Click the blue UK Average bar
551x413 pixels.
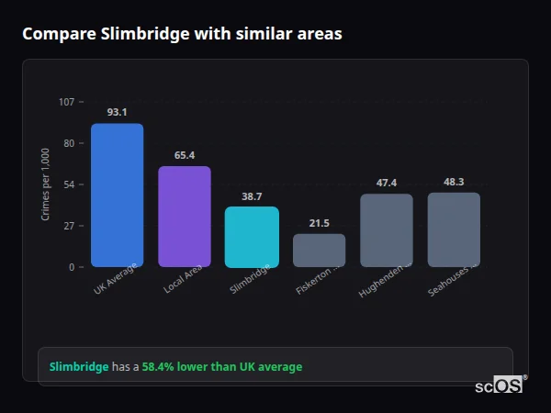click(117, 195)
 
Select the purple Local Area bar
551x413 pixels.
click(185, 217)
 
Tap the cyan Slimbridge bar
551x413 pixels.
click(252, 237)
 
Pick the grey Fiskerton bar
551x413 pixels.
click(319, 251)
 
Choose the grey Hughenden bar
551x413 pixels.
click(387, 230)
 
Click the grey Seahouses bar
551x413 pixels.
click(454, 229)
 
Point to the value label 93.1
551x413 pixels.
click(117, 112)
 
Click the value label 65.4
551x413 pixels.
click(185, 155)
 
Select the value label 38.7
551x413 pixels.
click(252, 196)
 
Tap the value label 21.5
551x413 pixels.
click(319, 223)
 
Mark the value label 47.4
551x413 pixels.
click(387, 183)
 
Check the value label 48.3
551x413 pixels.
click(454, 182)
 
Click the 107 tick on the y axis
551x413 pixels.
click(66, 102)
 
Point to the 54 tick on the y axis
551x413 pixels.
click(69, 184)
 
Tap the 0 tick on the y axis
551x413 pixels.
click(71, 267)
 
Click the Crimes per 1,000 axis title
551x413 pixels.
click(46, 184)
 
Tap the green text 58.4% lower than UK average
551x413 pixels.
click(221, 367)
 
